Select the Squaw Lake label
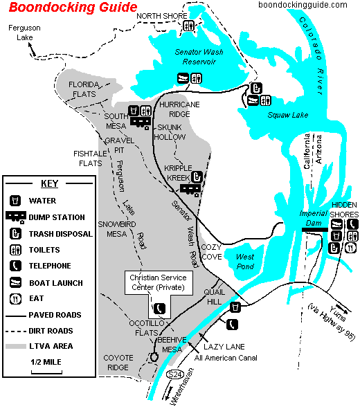[x=287, y=115]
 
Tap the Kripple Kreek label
[x=179, y=172]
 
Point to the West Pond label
[x=245, y=262]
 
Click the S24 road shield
[x=175, y=374]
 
